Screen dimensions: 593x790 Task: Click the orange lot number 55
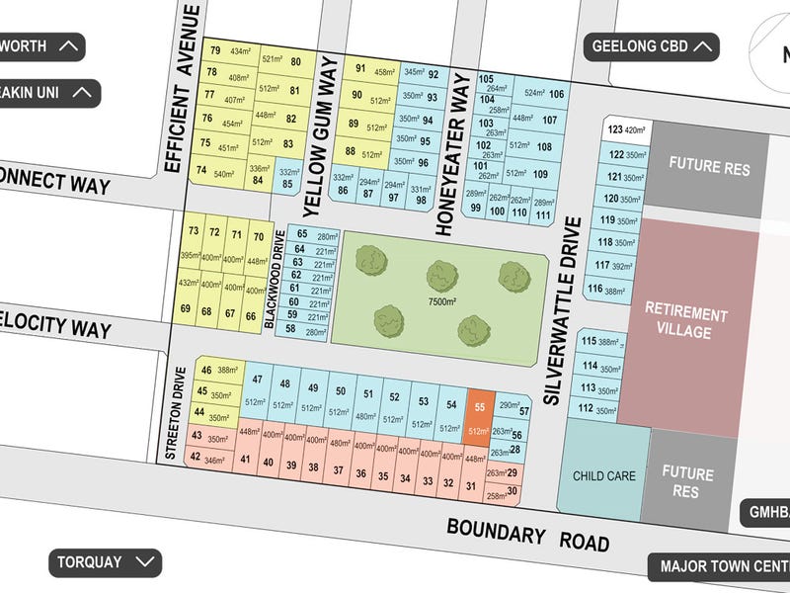[x=479, y=406]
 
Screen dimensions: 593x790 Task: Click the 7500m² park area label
[x=440, y=301]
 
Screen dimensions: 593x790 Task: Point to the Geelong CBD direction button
[x=652, y=45]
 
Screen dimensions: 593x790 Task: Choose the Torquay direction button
[x=104, y=562]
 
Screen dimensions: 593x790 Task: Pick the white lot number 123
[x=615, y=129]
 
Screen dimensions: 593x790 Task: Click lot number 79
[x=214, y=51]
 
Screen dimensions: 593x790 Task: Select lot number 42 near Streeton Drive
[x=196, y=457]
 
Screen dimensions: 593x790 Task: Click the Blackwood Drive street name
[x=277, y=280]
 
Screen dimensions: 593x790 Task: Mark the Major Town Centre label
[x=719, y=567]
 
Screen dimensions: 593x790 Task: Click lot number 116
[x=594, y=289]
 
